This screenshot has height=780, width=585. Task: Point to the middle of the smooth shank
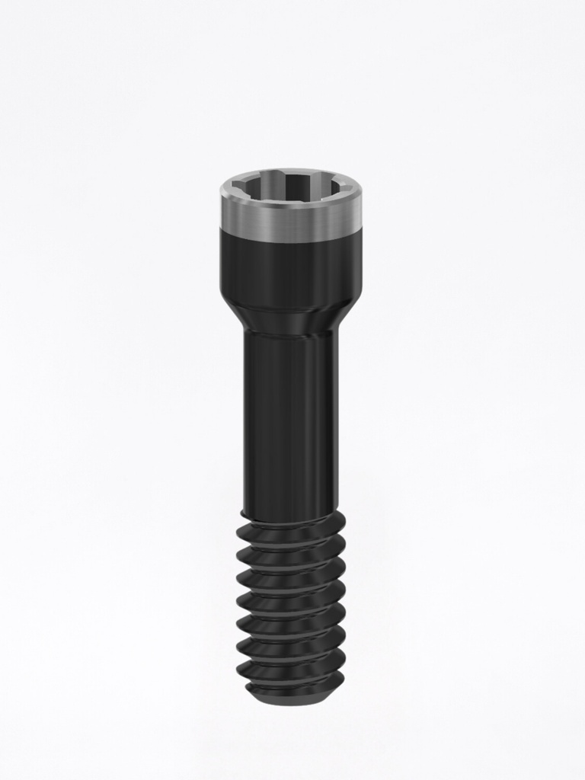tap(290, 419)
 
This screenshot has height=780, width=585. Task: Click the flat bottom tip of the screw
tap(290, 699)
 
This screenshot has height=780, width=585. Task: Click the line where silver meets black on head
tap(290, 231)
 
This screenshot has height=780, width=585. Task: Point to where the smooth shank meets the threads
tap(290, 512)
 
